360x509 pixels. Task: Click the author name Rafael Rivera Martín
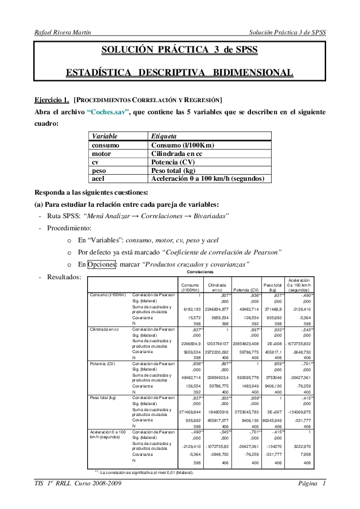pos(63,32)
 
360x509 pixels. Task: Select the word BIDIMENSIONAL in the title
pos(252,73)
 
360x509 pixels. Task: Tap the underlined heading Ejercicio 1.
pos(51,99)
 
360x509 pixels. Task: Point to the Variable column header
pos(105,137)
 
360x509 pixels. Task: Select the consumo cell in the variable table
pos(105,145)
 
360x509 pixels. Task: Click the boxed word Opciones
pos(100,264)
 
